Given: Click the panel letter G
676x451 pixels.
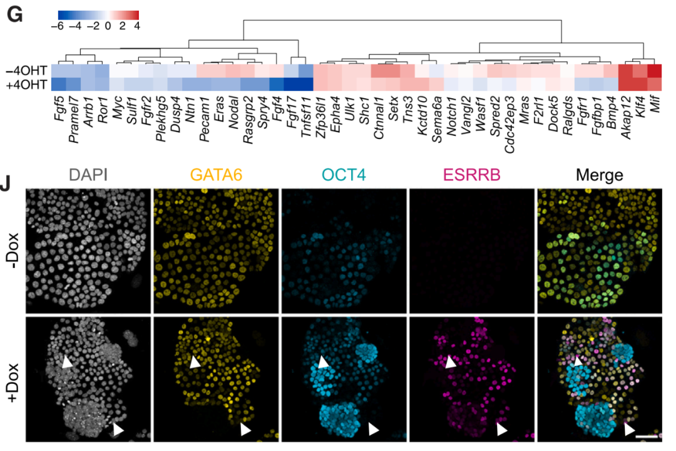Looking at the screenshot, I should (x=13, y=16).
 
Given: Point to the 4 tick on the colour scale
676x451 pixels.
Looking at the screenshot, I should (x=136, y=26).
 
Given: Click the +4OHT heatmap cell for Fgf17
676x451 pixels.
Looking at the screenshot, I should (x=292, y=85).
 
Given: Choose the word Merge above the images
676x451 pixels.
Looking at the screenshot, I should (x=598, y=176).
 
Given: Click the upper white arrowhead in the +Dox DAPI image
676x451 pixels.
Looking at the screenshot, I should (x=67, y=361).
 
